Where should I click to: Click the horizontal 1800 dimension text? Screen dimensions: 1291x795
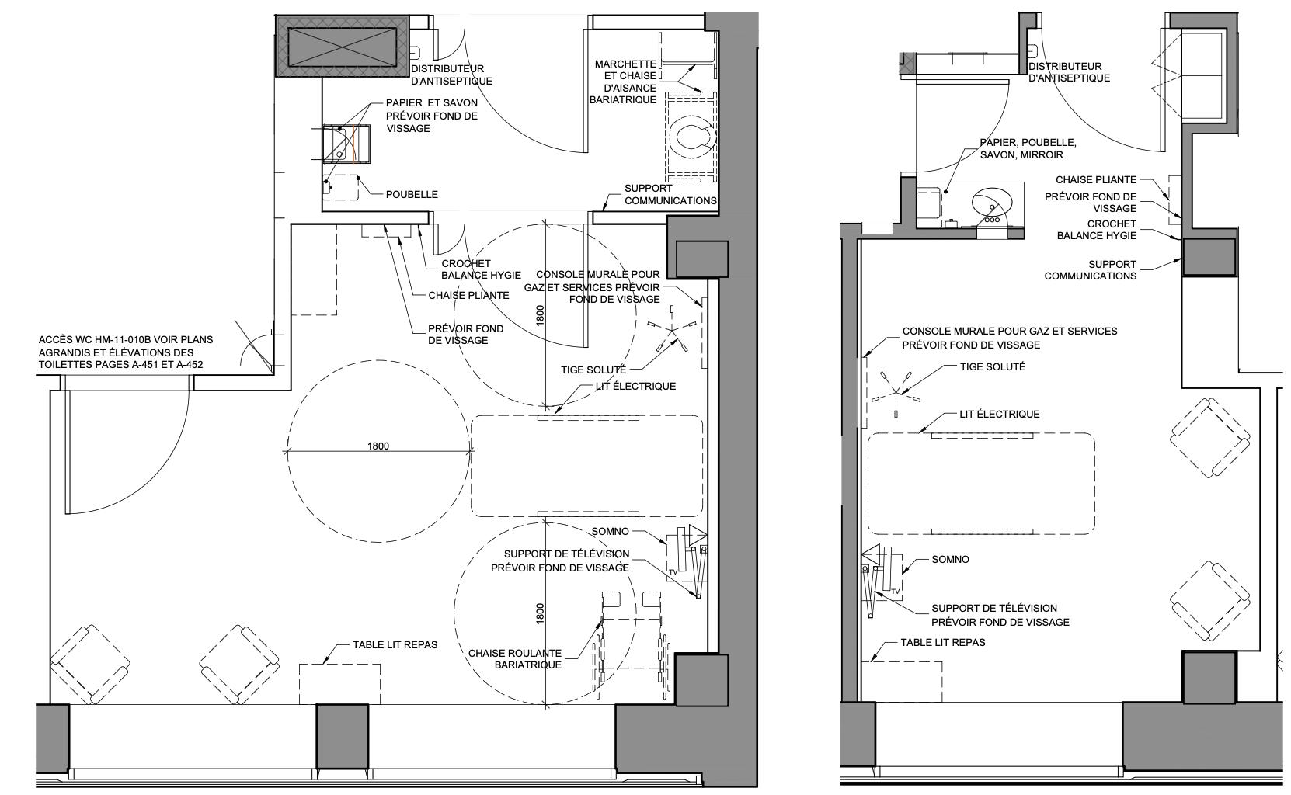click(378, 446)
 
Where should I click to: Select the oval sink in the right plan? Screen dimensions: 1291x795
click(992, 203)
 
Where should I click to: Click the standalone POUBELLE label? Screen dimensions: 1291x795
click(412, 194)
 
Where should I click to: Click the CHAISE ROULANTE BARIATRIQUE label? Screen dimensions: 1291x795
click(514, 659)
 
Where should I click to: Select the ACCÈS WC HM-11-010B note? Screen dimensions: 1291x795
click(126, 352)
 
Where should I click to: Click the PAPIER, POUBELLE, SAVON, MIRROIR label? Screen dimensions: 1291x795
click(1028, 148)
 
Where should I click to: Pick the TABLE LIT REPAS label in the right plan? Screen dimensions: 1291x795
click(943, 642)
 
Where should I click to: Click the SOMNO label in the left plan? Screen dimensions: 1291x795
click(611, 532)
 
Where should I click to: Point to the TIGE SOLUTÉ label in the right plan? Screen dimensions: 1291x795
click(992, 366)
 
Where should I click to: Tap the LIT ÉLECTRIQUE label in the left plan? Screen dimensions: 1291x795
click(635, 386)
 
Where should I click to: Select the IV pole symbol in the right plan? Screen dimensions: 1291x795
click(896, 392)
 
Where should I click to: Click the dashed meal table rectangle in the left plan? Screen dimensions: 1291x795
click(340, 683)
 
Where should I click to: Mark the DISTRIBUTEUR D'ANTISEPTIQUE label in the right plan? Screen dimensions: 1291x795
click(1069, 72)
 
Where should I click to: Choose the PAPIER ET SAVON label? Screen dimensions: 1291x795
click(432, 115)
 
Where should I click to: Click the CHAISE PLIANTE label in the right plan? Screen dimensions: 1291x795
click(1095, 179)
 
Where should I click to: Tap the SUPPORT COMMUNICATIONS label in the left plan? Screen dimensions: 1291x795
click(670, 194)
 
